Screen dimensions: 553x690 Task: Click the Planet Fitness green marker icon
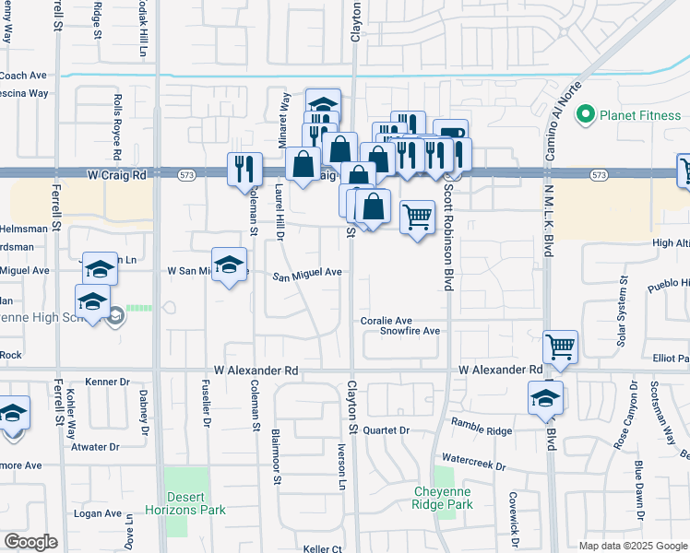(x=584, y=115)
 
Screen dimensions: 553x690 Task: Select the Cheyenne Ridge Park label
(x=442, y=499)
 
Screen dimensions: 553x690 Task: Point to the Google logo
(x=30, y=542)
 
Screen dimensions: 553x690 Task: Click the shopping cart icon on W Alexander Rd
(x=560, y=347)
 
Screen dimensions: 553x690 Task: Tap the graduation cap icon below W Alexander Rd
(x=545, y=397)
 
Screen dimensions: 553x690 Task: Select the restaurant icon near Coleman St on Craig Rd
(x=244, y=168)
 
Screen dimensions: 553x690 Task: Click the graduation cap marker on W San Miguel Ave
(x=230, y=265)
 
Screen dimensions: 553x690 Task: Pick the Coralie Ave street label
(x=386, y=321)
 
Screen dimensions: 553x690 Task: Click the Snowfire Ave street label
(x=410, y=331)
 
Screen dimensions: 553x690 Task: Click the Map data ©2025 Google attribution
(x=633, y=546)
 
